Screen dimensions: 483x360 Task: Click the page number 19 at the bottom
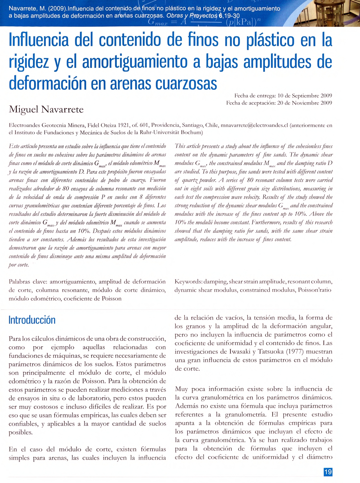tap(328, 472)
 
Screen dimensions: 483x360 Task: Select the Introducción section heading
tap(32, 320)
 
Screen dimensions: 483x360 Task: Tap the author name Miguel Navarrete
tap(46, 109)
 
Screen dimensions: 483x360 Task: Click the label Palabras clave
tap(28, 282)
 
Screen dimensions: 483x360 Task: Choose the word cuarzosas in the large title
tap(186, 84)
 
